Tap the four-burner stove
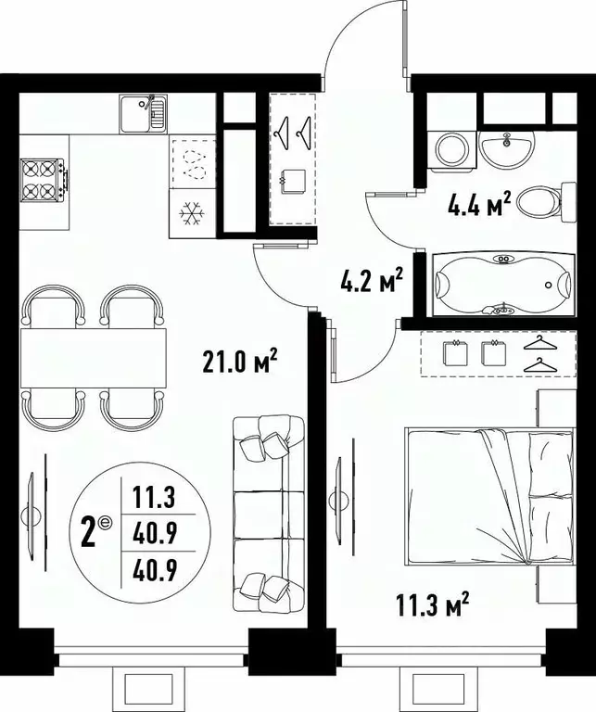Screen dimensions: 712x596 coord(44,180)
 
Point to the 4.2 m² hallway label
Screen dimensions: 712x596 coord(371,278)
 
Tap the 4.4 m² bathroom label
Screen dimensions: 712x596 coord(481,204)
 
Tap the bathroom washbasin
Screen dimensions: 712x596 coord(508,146)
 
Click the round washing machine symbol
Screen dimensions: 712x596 coord(451,149)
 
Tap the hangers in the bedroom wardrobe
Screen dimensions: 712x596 coord(540,354)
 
